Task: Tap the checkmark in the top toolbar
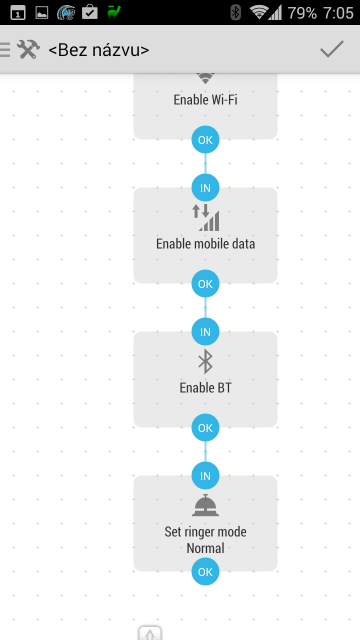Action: tap(331, 49)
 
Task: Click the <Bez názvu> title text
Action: tap(99, 50)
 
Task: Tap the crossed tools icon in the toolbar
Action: tap(28, 49)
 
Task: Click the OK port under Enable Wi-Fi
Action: tap(205, 139)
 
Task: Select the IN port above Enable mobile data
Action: tap(205, 187)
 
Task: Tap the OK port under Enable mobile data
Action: tap(205, 283)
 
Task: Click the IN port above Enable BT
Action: tap(205, 331)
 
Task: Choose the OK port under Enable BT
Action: tap(205, 427)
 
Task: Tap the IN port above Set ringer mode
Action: tap(205, 475)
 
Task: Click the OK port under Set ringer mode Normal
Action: tap(205, 571)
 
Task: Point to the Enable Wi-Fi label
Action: tap(205, 99)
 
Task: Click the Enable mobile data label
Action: tap(205, 244)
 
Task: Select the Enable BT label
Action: tap(205, 387)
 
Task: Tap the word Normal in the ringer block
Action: tap(205, 548)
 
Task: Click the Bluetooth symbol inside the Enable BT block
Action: tap(205, 361)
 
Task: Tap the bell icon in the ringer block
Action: tap(205, 505)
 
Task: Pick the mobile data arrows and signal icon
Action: tap(205, 217)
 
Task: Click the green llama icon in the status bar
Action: tap(114, 12)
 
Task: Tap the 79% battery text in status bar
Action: tap(302, 13)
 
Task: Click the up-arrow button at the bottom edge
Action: tap(150, 633)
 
